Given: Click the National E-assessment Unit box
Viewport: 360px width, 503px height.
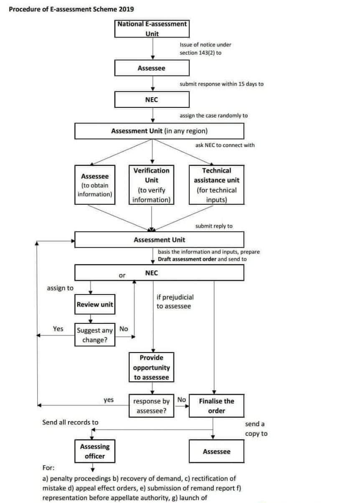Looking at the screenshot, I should [x=152, y=28].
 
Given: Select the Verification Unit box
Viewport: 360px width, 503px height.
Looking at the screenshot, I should [x=151, y=185].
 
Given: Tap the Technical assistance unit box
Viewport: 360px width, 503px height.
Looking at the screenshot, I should [x=216, y=185].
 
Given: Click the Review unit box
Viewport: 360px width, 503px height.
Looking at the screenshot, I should [x=94, y=305].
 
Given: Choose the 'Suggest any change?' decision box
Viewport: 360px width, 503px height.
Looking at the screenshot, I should [x=95, y=335].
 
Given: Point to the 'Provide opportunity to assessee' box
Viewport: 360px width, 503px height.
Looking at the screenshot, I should [x=151, y=368].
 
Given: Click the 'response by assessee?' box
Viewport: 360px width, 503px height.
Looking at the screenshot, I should [x=151, y=406].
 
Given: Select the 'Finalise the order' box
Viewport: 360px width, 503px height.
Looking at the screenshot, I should [x=216, y=406].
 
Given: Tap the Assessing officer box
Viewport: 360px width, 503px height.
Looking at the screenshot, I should [x=95, y=451].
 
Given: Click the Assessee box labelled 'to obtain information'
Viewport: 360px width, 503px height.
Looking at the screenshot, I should [x=95, y=185].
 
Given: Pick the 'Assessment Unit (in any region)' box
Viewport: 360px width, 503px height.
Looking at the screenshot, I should [x=159, y=131].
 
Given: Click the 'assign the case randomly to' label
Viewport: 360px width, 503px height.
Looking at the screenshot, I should [x=213, y=115].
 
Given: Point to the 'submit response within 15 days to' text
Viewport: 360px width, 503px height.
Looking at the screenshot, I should [x=221, y=84].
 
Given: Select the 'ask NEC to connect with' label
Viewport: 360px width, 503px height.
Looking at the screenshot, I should [x=225, y=145].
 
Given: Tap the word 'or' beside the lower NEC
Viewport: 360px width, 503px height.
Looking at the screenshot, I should [x=122, y=275].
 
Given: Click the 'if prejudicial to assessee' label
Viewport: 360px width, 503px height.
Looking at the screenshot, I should [x=175, y=302].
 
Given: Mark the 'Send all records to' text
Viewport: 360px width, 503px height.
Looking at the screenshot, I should [x=71, y=422].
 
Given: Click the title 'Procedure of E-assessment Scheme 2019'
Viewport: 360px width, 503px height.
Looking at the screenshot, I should [x=71, y=9].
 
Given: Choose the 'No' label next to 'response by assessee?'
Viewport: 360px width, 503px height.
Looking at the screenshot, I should [x=181, y=400].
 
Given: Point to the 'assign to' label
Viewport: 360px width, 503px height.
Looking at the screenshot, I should [x=60, y=288].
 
